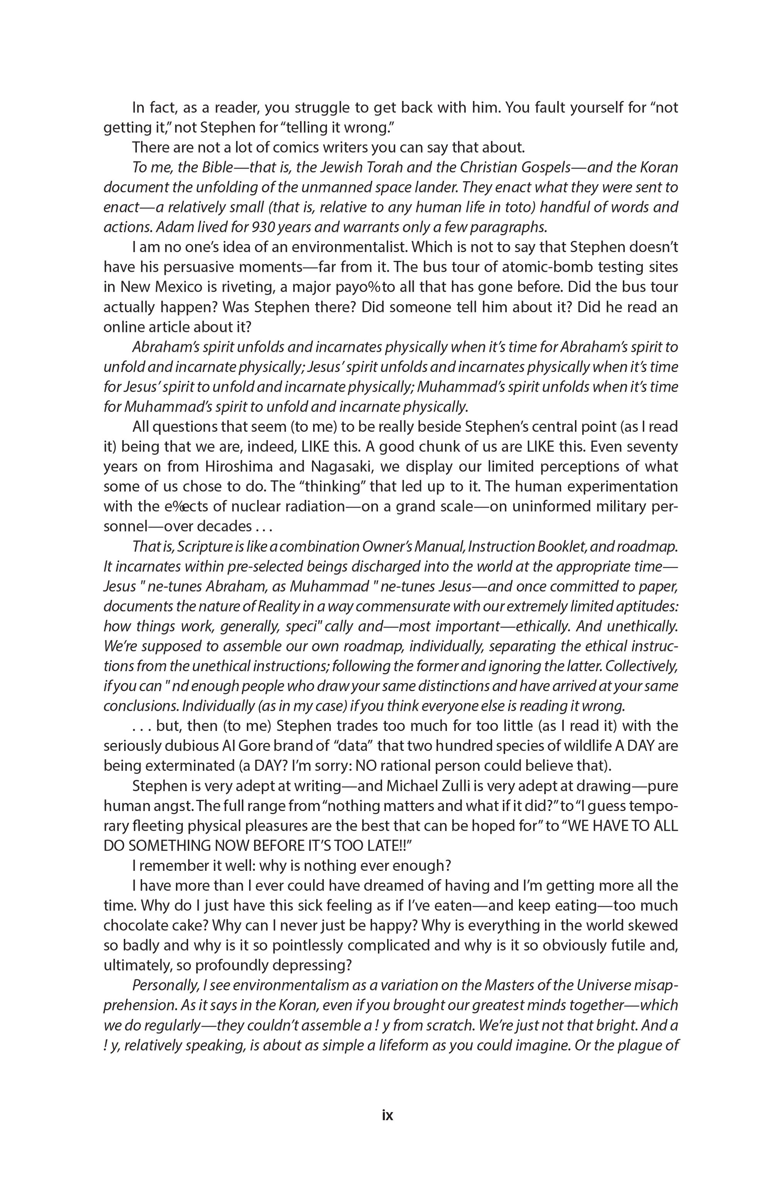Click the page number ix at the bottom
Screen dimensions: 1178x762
pos(388,1116)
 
